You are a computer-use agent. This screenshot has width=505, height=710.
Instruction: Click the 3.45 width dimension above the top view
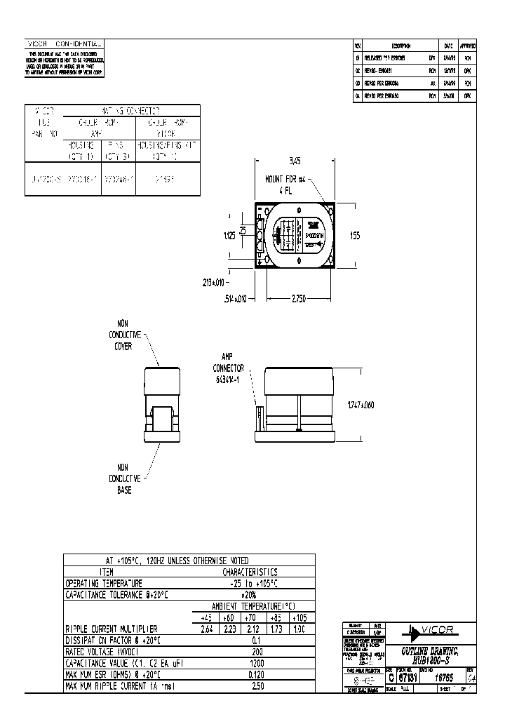pyautogui.click(x=295, y=161)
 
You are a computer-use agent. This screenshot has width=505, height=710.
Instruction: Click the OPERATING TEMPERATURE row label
pyautogui.click(x=104, y=583)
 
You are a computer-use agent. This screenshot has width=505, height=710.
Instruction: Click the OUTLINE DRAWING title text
pyautogui.click(x=429, y=652)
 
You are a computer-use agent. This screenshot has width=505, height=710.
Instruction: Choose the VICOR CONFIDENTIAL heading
pyautogui.click(x=64, y=43)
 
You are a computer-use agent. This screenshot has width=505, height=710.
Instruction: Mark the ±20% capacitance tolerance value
pyautogui.click(x=254, y=594)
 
